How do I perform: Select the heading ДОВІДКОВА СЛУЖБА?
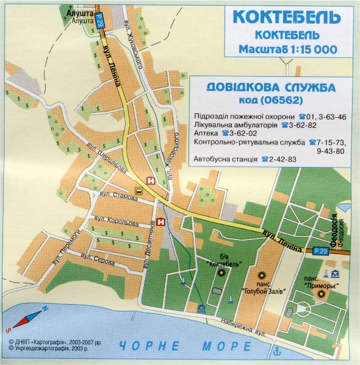270,88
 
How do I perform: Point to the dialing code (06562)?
270,100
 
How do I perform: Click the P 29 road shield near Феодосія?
320,250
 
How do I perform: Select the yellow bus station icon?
139,191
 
